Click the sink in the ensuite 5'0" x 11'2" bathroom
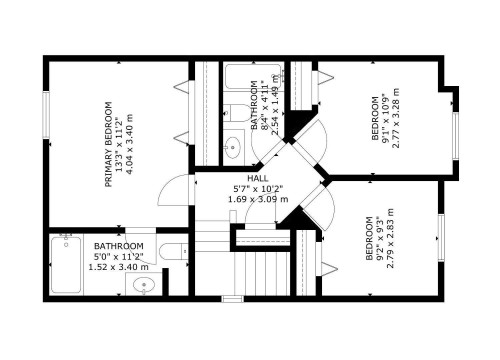144,286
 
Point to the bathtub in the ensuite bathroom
66,267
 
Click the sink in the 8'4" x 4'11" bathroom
232,148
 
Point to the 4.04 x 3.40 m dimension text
136,143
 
